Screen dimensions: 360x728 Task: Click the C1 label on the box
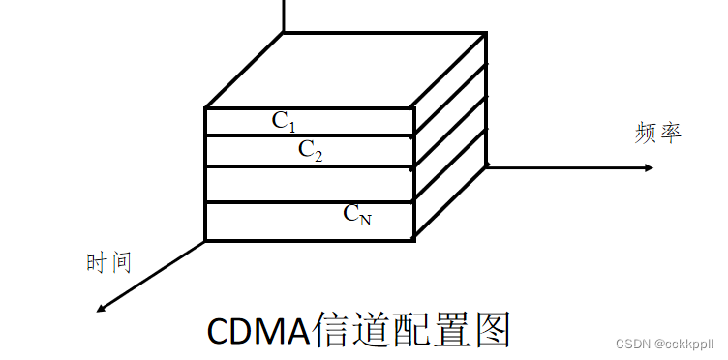(x=284, y=121)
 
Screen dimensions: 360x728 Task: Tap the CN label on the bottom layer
(x=357, y=215)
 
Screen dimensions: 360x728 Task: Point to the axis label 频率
(x=658, y=133)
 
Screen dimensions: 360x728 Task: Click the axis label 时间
(x=108, y=261)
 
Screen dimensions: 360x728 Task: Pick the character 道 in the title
(x=370, y=330)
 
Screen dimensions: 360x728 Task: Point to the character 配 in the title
(x=409, y=330)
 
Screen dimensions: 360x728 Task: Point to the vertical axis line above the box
(x=284, y=15)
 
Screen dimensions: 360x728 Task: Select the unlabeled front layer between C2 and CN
(x=310, y=184)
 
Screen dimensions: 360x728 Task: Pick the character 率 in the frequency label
(x=671, y=133)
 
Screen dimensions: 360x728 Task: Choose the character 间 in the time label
(x=120, y=261)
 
